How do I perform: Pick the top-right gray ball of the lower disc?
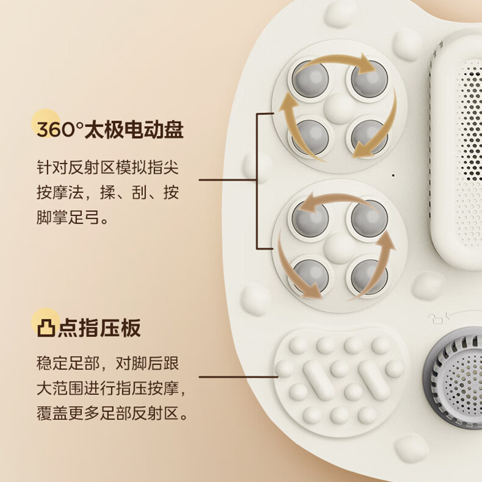pos(368,217)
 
